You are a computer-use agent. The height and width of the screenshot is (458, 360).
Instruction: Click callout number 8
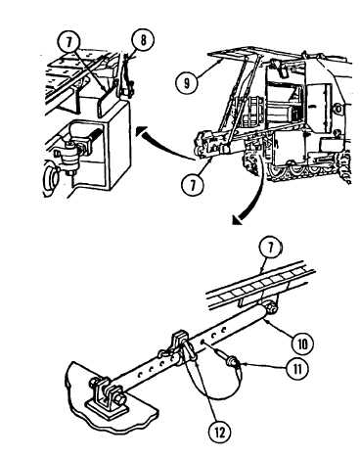coord(143,41)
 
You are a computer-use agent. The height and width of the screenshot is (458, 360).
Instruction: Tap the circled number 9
coord(187,82)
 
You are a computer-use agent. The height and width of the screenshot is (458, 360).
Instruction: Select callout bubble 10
coord(302,343)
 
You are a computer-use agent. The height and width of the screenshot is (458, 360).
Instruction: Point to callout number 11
coord(296,368)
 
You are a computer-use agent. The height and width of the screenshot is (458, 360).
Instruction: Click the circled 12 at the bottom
coord(220,432)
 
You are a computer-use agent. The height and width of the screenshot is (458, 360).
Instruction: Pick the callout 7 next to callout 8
coord(68,42)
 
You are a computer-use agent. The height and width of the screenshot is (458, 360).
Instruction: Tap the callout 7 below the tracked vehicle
coord(193,185)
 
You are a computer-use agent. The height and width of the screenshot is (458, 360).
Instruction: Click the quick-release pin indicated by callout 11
coord(228,358)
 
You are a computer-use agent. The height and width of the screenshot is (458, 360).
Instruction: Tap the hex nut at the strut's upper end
coord(271,307)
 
